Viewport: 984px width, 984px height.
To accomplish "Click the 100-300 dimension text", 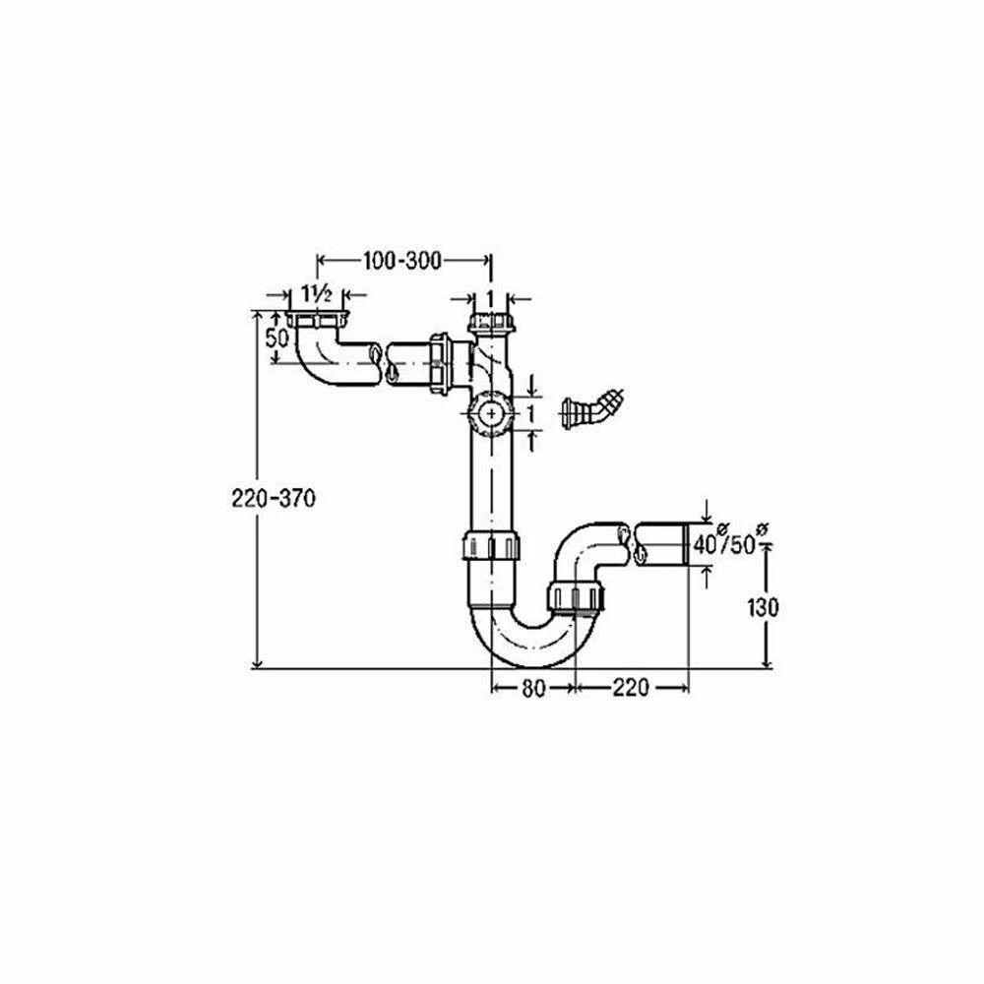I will [401, 260].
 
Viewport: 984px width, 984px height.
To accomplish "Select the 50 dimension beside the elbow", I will [277, 336].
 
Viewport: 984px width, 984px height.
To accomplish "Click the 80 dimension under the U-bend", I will [532, 689].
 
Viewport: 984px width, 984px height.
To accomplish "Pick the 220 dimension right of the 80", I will [630, 689].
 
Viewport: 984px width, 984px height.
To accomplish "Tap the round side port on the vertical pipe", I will [489, 413].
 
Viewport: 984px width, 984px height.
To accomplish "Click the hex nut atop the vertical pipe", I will [491, 324].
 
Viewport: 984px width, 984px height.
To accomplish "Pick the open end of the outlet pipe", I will [680, 544].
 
